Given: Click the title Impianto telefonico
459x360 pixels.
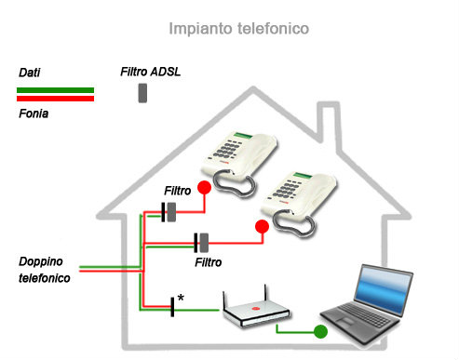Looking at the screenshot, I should coord(238,29).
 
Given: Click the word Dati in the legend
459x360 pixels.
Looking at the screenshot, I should coord(30,72).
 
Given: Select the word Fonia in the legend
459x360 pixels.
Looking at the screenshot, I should coord(34,113).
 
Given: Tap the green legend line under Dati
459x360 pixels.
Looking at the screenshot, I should coord(55,89).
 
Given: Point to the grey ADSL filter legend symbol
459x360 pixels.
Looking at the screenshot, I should coord(142,93).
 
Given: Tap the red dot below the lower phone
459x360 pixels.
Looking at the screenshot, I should coord(262,226).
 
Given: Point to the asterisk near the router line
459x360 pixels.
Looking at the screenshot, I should coord(180,298).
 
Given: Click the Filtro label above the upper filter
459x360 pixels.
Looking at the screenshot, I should coord(178,191).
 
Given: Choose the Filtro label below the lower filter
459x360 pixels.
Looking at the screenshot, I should coord(208,263).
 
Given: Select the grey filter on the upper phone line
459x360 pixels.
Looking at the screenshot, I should coord(172,212).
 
